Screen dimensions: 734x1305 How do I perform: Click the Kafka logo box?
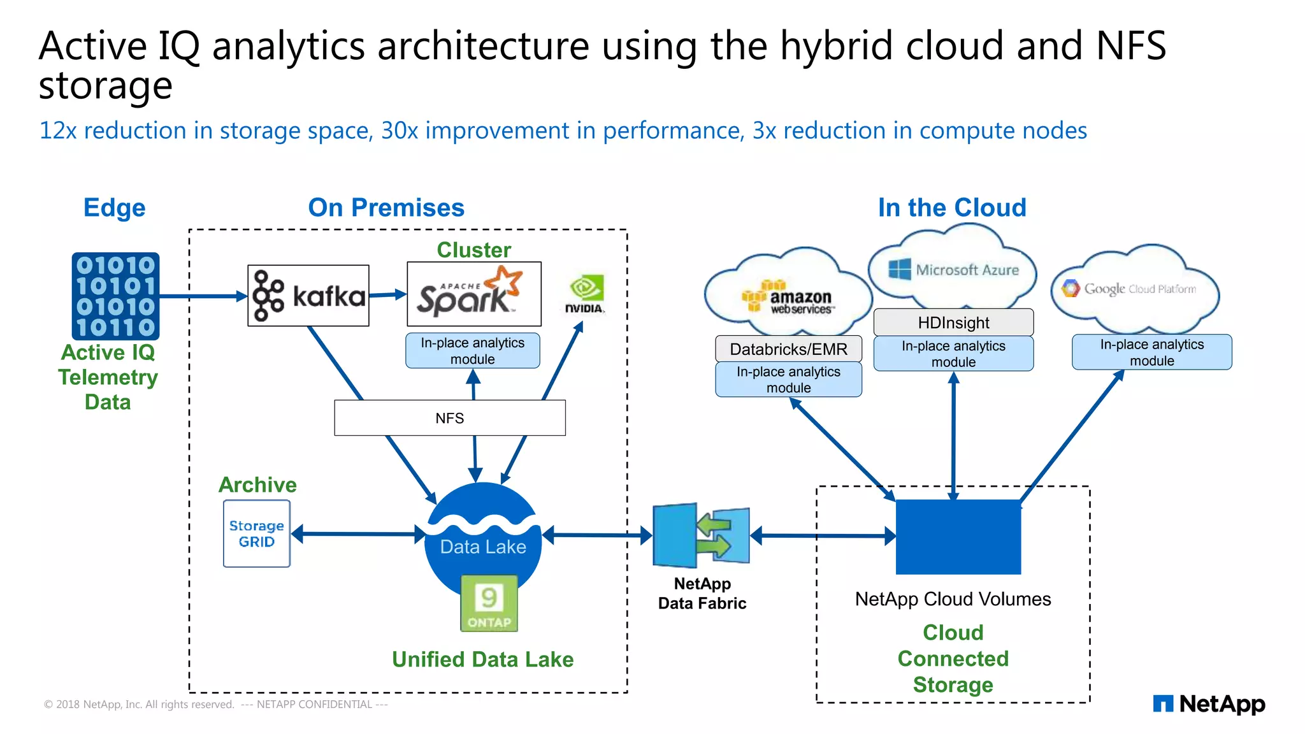click(308, 296)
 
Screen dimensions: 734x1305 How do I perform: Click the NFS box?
click(449, 418)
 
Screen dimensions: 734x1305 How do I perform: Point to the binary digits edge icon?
click(115, 296)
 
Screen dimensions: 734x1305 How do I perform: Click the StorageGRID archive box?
click(256, 534)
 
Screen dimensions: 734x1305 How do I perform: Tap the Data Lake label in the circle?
click(483, 547)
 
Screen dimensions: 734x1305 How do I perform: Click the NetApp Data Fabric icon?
click(701, 535)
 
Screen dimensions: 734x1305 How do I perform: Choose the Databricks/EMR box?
click(788, 349)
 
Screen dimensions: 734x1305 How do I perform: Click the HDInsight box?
click(953, 323)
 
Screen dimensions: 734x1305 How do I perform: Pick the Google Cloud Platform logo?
click(1129, 289)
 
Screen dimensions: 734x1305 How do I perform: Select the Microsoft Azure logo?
click(954, 270)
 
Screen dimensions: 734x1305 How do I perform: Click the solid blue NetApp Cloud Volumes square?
click(958, 537)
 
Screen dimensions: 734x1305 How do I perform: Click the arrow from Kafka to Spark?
click(387, 295)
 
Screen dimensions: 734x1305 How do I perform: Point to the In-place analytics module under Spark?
click(472, 351)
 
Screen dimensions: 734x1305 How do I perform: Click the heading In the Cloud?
click(952, 208)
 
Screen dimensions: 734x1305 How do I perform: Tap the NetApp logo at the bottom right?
click(1209, 704)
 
